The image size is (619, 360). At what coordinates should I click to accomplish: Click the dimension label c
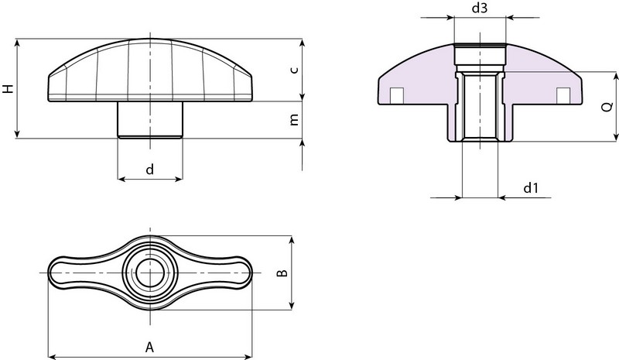293,70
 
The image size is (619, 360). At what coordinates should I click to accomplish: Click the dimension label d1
530,188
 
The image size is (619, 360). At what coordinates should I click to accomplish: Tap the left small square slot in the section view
396,94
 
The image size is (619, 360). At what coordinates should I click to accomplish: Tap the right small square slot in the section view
563,94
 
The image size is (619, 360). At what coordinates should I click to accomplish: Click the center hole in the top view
150,273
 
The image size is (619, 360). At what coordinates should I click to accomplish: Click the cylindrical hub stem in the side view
150,119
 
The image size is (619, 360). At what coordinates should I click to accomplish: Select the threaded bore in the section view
480,108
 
